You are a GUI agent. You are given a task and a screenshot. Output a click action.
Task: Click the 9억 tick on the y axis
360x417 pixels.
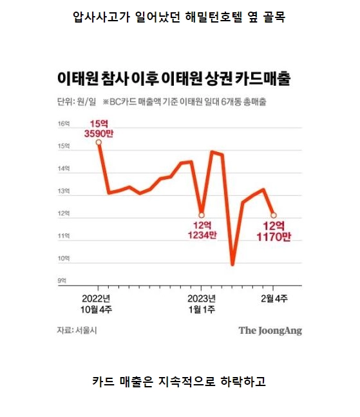[62, 281]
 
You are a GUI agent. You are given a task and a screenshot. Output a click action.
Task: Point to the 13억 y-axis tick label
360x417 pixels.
[62, 191]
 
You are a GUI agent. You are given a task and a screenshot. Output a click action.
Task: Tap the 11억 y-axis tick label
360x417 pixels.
[62, 237]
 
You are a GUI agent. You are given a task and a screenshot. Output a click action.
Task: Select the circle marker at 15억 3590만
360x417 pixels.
[99, 142]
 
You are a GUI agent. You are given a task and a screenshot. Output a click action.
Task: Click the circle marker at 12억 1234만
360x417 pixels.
[202, 215]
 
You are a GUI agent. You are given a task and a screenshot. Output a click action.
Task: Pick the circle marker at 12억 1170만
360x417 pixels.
[274, 215]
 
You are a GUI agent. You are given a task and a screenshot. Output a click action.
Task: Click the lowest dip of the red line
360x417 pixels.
[232, 264]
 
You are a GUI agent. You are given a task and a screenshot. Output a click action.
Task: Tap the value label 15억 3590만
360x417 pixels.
[99, 128]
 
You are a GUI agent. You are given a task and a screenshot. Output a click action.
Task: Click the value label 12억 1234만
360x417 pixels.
[202, 231]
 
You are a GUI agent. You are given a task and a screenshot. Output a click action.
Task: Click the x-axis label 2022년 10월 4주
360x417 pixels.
[97, 304]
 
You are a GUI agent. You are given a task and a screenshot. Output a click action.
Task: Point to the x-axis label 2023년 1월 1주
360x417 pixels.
[202, 304]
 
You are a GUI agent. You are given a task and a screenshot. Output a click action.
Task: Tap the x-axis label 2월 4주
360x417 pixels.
[274, 298]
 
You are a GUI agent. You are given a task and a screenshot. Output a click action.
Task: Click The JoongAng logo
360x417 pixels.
[270, 331]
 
